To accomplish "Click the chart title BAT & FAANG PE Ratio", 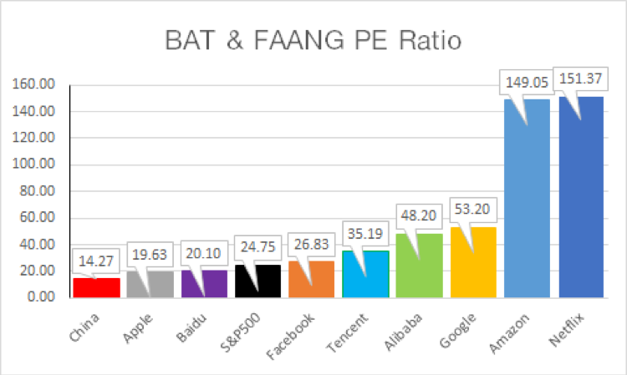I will tap(313, 40).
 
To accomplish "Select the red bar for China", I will tap(96, 287).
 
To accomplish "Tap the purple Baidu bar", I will tap(205, 284).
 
